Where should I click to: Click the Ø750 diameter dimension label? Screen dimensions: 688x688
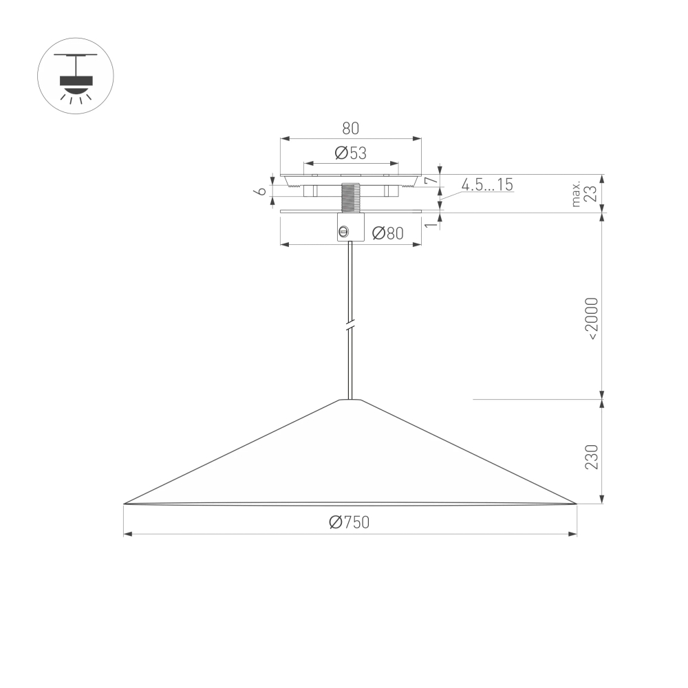(350, 523)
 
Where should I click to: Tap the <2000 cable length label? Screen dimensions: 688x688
(592, 319)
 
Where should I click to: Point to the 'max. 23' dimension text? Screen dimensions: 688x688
(584, 194)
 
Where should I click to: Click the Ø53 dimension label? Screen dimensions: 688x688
(351, 153)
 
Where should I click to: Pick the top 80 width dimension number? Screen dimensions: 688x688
(350, 128)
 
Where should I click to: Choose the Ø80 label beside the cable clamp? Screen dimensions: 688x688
(387, 233)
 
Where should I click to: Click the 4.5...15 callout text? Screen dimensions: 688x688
(487, 184)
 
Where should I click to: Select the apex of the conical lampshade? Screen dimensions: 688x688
(351, 400)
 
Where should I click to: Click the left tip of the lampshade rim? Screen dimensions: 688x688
(125, 504)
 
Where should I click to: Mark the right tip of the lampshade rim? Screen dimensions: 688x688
(575, 504)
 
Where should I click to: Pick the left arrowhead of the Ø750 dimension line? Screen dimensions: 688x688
(127, 535)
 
